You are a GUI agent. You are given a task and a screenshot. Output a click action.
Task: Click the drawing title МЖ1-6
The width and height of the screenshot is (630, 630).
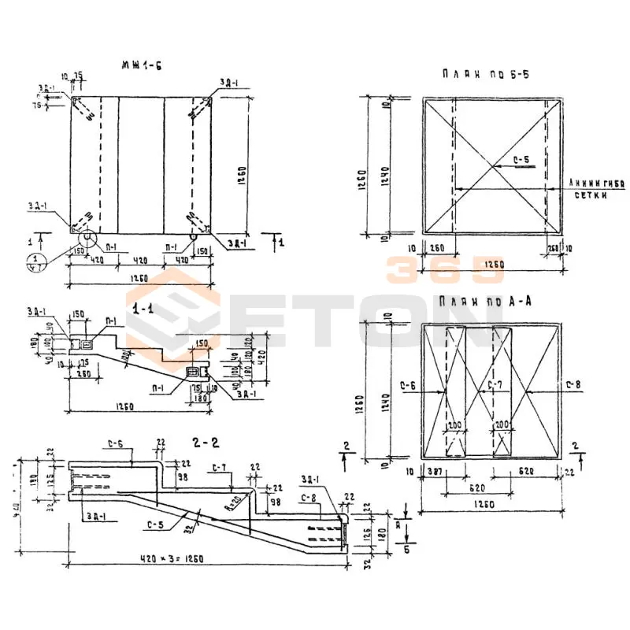pyautogui.click(x=142, y=65)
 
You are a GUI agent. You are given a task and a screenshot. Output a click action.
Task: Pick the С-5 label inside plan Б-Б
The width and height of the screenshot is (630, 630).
pyautogui.click(x=521, y=161)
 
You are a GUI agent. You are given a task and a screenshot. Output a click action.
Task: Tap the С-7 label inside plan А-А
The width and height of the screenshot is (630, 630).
pyautogui.click(x=495, y=385)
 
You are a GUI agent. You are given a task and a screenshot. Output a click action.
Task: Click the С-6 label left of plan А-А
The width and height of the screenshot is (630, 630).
pyautogui.click(x=407, y=385)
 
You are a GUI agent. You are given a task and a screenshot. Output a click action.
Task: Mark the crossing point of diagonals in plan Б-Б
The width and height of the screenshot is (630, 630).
pyautogui.click(x=493, y=165)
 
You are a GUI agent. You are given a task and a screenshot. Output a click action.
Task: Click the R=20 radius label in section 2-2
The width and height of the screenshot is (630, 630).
pyautogui.click(x=234, y=499)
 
